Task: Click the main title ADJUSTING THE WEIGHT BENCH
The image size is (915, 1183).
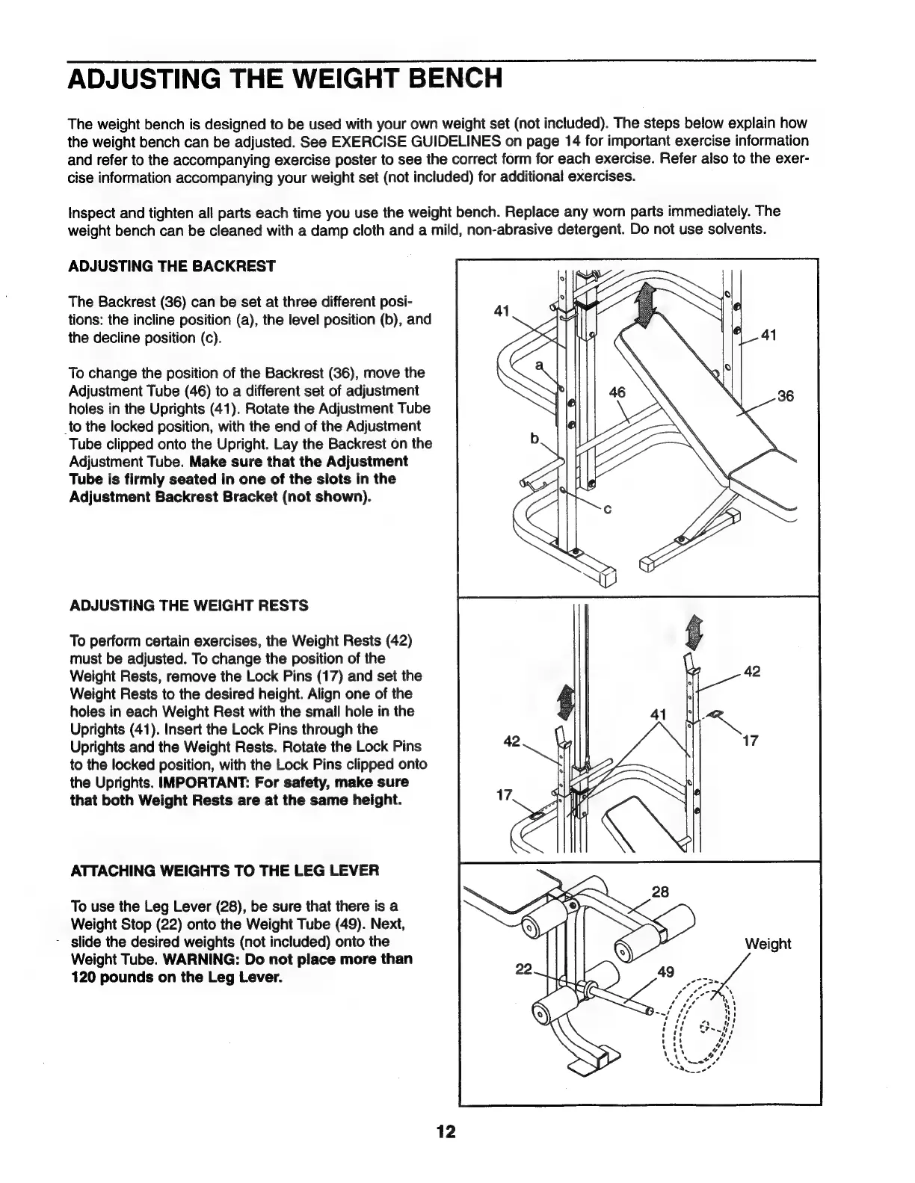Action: tap(284, 78)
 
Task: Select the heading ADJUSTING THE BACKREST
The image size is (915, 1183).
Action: tap(172, 266)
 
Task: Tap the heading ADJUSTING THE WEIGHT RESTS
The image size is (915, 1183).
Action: tap(188, 605)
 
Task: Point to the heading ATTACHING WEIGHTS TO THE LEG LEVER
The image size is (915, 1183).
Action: tap(224, 870)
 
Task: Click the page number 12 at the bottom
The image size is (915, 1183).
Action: tap(446, 1131)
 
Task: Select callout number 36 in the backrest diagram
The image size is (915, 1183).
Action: tap(785, 397)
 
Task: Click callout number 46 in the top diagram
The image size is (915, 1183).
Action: tap(617, 392)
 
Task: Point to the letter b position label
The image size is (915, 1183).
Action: tap(534, 440)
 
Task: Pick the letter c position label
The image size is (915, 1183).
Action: tap(608, 511)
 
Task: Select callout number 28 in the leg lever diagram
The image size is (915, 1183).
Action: tap(660, 892)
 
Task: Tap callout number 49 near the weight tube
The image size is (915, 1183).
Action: tap(665, 972)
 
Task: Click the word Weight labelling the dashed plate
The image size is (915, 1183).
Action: tap(768, 944)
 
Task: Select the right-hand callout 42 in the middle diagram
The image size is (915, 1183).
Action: tap(753, 672)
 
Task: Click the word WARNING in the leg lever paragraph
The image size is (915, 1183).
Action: tap(190, 959)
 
